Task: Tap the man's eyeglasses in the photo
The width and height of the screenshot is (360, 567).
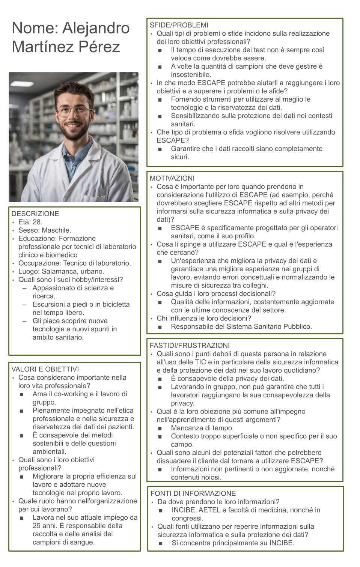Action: click(x=74, y=111)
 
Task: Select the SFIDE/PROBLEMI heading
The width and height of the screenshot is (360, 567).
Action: click(x=179, y=25)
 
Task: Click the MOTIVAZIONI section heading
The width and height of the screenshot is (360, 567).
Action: click(x=172, y=178)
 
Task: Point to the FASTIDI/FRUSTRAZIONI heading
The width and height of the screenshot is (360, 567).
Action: click(x=189, y=346)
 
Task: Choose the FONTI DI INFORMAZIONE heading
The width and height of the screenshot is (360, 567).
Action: click(x=193, y=493)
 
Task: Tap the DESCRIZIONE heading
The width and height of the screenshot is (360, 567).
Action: click(x=35, y=214)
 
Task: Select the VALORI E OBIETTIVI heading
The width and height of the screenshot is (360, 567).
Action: click(x=45, y=369)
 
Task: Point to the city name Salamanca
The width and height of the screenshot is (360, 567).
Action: click(x=59, y=271)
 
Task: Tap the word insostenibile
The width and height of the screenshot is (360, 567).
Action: click(x=191, y=75)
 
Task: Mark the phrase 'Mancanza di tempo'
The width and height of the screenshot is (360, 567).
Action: click(x=202, y=428)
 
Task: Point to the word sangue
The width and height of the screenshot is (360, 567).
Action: click(x=83, y=542)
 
